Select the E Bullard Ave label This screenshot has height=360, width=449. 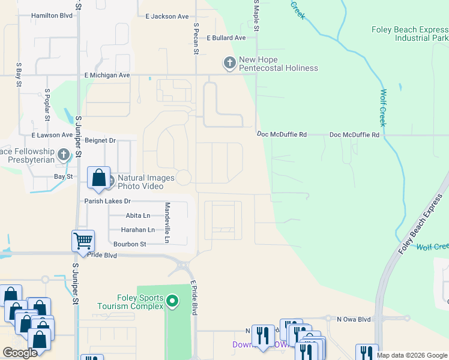click(226, 38)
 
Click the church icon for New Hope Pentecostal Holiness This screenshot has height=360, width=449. click(229, 62)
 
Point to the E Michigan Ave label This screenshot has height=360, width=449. click(107, 76)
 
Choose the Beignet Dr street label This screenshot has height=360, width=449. click(100, 140)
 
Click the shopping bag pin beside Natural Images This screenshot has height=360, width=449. click(99, 178)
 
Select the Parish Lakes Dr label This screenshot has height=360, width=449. click(107, 202)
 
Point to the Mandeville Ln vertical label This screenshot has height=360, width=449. click(167, 223)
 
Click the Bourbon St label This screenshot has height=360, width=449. click(130, 244)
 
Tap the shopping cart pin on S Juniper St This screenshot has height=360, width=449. click(83, 241)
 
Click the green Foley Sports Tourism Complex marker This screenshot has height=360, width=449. click(172, 300)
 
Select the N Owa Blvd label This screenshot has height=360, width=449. click(354, 319)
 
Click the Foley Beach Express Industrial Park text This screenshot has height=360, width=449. click(409, 34)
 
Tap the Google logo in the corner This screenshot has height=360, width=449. click(20, 353)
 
